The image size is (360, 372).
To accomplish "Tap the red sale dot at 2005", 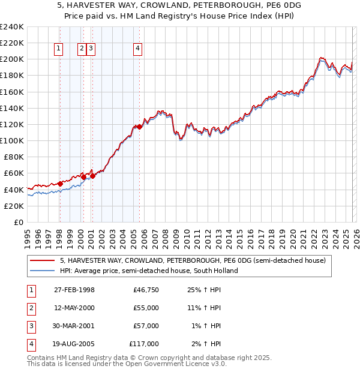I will click(x=139, y=127).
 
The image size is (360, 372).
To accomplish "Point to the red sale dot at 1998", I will click(x=60, y=184).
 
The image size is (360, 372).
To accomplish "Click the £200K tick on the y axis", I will click(x=12, y=59).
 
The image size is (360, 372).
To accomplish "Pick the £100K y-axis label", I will click(x=12, y=140).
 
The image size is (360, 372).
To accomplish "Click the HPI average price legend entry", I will click(x=149, y=271).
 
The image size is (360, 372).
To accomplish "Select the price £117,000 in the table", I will click(x=144, y=344).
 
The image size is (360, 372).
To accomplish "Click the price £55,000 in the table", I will click(x=146, y=308).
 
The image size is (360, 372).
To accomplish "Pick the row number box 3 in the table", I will click(x=30, y=326).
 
